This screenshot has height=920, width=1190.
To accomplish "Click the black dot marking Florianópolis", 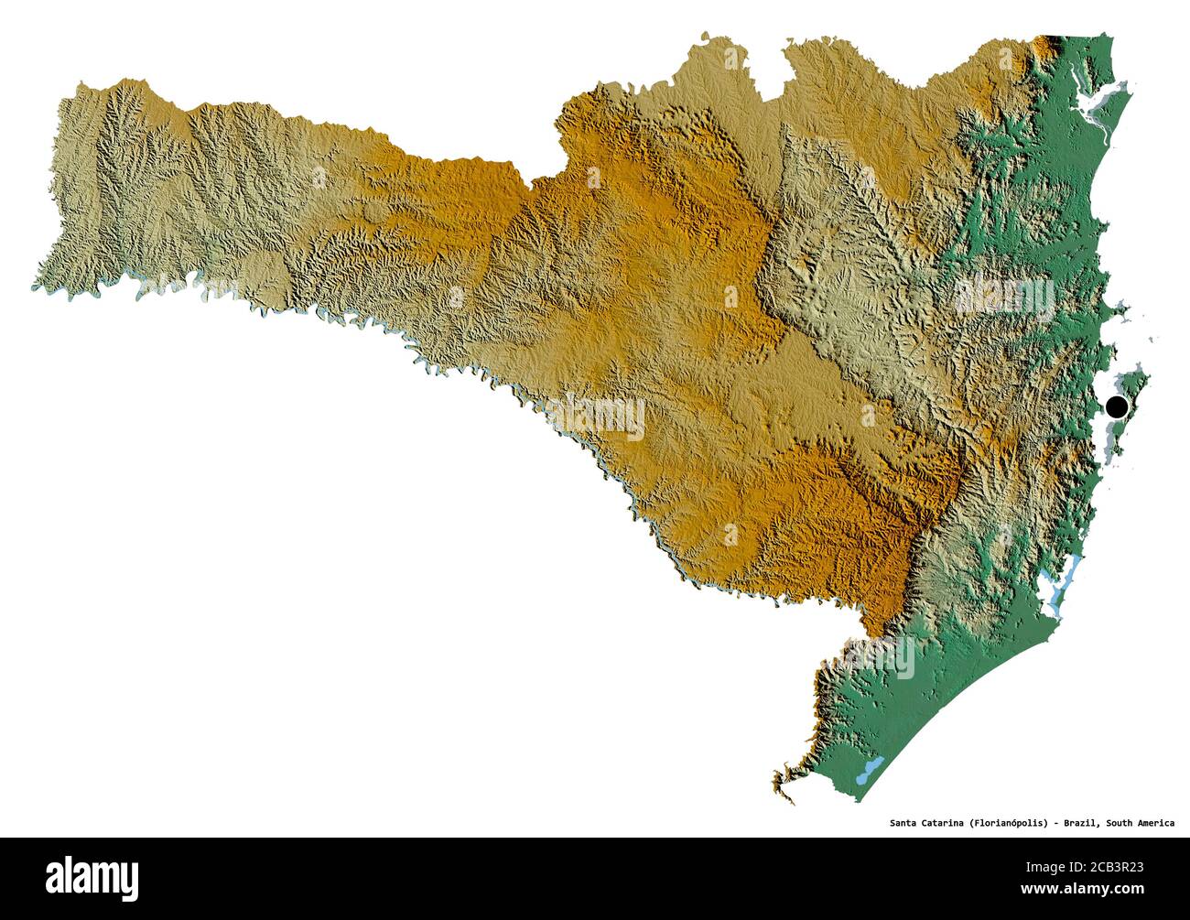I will [1115, 407].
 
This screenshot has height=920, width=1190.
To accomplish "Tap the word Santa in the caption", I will [905, 823].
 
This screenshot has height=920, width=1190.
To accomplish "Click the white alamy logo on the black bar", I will [92, 878].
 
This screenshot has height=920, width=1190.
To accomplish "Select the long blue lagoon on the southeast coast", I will [1060, 586].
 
